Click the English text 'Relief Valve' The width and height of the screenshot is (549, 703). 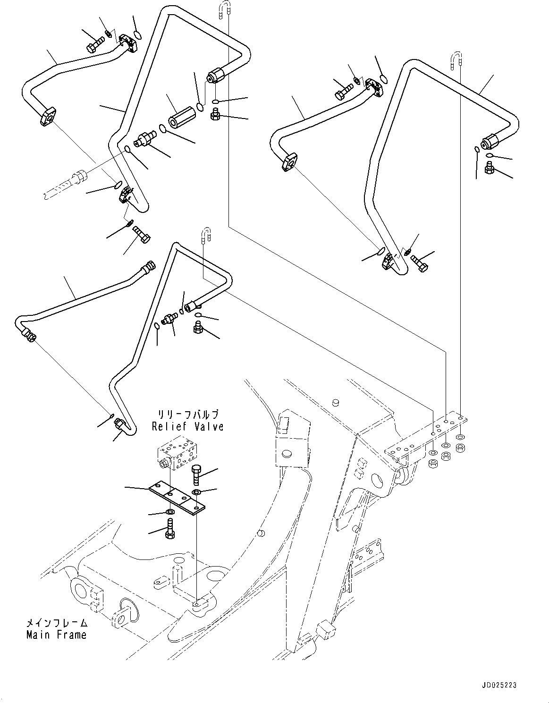(x=187, y=426)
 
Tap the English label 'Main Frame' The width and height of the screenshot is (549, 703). (x=57, y=635)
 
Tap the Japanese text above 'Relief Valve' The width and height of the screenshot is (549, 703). (x=187, y=415)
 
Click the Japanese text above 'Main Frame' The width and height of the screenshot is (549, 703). (x=57, y=623)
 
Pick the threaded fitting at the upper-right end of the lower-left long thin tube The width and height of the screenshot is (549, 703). (x=147, y=267)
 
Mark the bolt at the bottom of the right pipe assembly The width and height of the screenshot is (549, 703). (x=420, y=263)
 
